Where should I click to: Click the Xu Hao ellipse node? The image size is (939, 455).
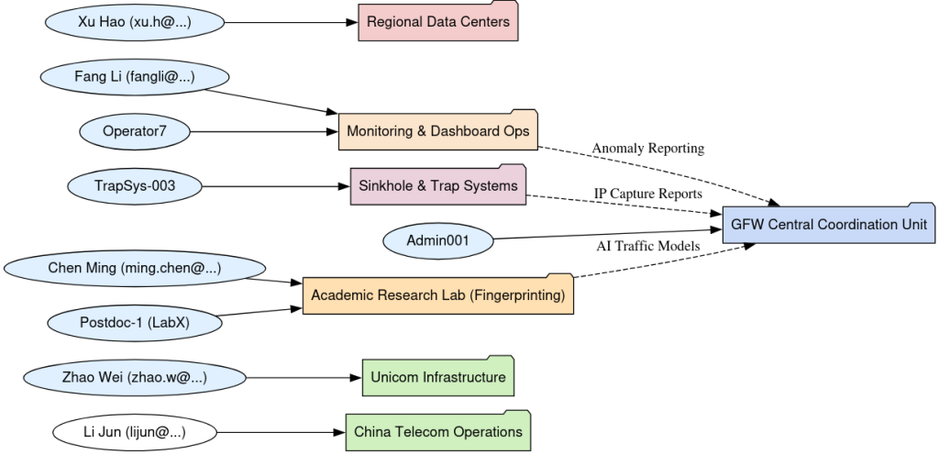[135, 23]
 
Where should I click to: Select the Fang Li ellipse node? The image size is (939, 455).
[135, 77]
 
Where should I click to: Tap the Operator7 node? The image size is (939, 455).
[135, 131]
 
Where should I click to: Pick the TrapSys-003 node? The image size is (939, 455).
[135, 186]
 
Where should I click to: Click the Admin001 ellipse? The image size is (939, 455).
[437, 240]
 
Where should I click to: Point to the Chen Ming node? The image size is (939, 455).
[135, 268]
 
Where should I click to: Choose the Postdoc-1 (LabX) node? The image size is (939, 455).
[135, 322]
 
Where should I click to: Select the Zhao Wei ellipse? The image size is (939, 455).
[135, 377]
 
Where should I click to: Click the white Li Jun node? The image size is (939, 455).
[135, 431]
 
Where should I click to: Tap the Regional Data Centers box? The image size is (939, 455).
[437, 23]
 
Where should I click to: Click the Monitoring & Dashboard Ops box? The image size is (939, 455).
[437, 131]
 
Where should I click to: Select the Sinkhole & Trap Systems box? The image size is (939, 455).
[437, 186]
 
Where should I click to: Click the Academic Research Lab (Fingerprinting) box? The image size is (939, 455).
[437, 294]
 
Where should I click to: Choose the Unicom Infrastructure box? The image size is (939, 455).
[437, 377]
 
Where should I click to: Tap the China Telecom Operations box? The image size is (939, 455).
[437, 431]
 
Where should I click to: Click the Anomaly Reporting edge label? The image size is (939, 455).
[647, 148]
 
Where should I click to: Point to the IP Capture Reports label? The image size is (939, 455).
[647, 194]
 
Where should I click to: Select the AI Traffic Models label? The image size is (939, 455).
[647, 246]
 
